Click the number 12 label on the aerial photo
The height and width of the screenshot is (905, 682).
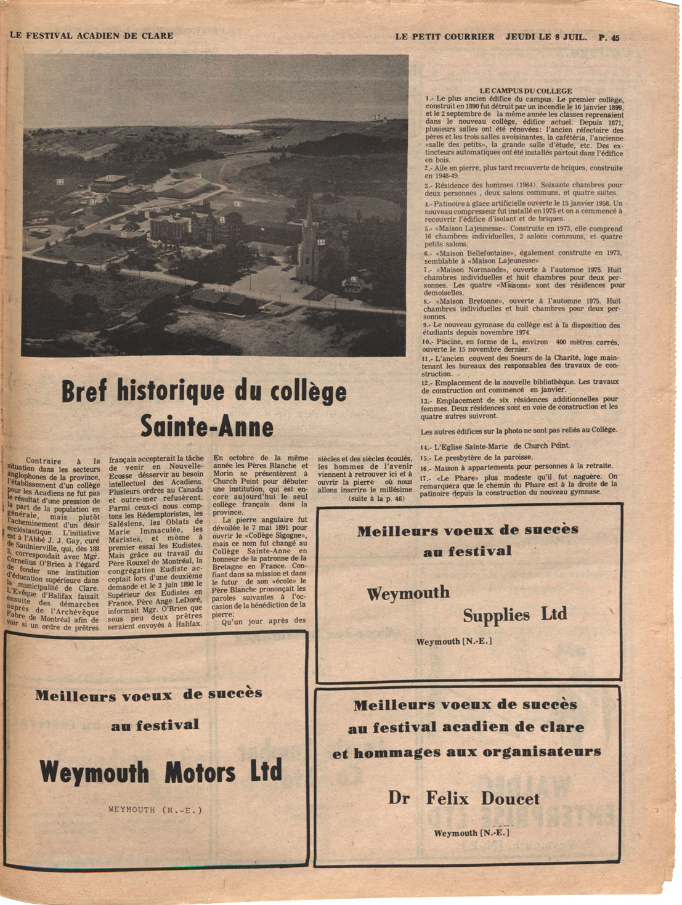pos(60,182)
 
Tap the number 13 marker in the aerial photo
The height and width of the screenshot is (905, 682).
pos(238,204)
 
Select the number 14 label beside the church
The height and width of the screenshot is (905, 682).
pos(321,242)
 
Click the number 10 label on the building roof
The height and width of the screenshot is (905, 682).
pos(110,177)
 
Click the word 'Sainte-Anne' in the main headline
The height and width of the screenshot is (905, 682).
pos(206,426)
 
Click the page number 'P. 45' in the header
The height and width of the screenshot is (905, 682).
pos(608,37)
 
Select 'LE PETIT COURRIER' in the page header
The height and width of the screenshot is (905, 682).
pos(445,36)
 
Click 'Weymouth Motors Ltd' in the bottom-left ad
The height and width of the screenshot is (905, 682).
pos(161,771)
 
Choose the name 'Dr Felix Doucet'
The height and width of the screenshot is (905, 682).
pos(464,798)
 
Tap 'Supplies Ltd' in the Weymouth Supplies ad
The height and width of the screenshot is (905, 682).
pos(514,615)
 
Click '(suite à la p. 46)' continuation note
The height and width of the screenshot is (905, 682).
pos(376,498)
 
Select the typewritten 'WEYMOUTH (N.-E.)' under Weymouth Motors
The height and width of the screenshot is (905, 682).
pos(155,810)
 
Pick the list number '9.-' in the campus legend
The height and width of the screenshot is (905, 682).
pos(426,325)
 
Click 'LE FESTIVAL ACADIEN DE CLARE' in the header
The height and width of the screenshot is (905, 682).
pos(91,36)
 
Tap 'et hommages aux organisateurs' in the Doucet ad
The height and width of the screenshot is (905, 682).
pos(466,752)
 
